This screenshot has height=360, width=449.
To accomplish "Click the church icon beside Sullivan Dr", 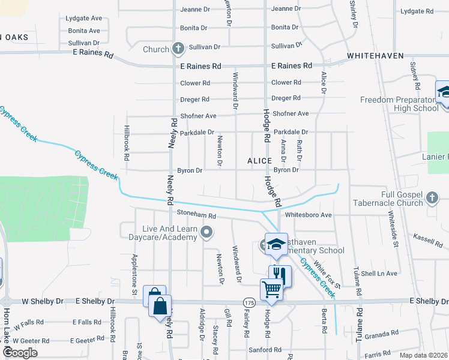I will click(178, 48).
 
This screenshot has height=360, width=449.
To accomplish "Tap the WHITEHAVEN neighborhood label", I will click(374, 56).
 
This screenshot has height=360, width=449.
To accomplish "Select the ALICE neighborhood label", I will click(259, 161).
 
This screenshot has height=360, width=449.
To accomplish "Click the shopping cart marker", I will click(271, 289).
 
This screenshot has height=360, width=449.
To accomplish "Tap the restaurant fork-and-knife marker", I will click(280, 275).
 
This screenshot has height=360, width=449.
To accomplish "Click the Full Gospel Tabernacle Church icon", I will click(432, 199).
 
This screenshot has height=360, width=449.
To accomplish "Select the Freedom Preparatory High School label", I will click(399, 104).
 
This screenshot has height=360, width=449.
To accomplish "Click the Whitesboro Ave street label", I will click(309, 215).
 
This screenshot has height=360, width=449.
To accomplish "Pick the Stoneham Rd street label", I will click(195, 214).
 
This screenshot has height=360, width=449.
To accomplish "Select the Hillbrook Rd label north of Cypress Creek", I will click(127, 143).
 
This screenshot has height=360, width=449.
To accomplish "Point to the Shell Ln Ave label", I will click(379, 274).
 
